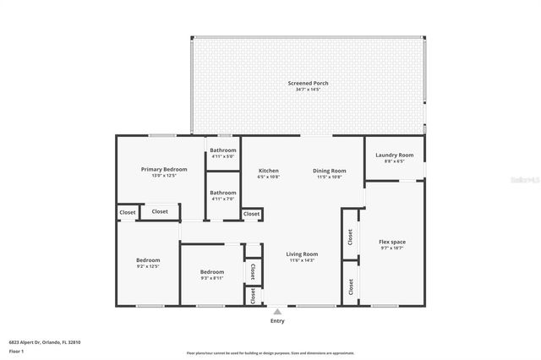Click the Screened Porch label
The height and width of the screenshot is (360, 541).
click(308, 83)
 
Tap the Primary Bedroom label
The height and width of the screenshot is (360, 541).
click(163, 169)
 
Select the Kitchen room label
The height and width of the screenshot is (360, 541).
click(268, 170)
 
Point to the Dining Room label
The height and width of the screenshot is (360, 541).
click(330, 170)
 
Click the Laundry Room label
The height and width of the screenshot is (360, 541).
click(394, 155)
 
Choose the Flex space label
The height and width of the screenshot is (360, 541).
click(392, 243)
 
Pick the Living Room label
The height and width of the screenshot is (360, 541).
click(302, 254)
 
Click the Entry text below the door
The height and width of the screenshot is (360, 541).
click(277, 321)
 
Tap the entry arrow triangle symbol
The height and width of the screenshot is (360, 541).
click(277, 311)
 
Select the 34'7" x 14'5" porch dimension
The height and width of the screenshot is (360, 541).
click(308, 90)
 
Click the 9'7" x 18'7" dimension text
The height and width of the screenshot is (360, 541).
click(392, 249)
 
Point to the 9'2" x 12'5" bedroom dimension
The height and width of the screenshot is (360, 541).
click(148, 266)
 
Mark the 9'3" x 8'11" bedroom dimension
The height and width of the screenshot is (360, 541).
click(212, 278)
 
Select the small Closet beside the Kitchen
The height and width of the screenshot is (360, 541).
click(252, 215)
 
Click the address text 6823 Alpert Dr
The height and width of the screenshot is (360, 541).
click(34, 341)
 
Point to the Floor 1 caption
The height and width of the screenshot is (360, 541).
click(17, 350)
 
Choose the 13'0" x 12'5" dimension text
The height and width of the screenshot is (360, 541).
click(163, 176)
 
